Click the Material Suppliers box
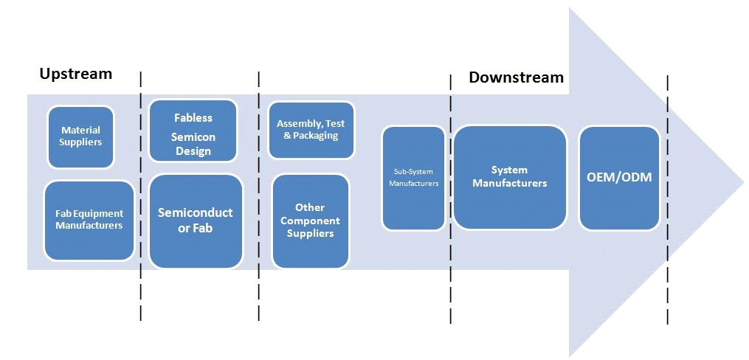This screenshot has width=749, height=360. click(80, 137)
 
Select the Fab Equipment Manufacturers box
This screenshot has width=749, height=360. click(89, 220)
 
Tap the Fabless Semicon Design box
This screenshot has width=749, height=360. click(193, 131)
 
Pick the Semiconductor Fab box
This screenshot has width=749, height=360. click(196, 221)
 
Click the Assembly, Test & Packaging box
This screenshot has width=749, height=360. click(311, 130)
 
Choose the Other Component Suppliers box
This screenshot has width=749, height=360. click(311, 221)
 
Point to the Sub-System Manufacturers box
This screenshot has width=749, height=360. click(414, 178)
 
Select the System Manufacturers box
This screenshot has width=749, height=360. click(510, 177)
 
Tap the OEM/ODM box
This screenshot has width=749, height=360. click(619, 178)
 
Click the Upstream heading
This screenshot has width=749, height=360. click(76, 74)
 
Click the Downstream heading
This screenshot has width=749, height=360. click(516, 77)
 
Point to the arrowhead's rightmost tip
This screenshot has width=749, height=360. click(743, 182)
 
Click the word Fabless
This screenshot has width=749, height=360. click(193, 117)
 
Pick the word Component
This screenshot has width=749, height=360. click(310, 221)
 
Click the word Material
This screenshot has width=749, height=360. click(80, 130)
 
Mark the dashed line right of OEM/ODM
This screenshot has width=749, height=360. click(667, 200)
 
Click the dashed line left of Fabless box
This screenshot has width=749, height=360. click(141, 195)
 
